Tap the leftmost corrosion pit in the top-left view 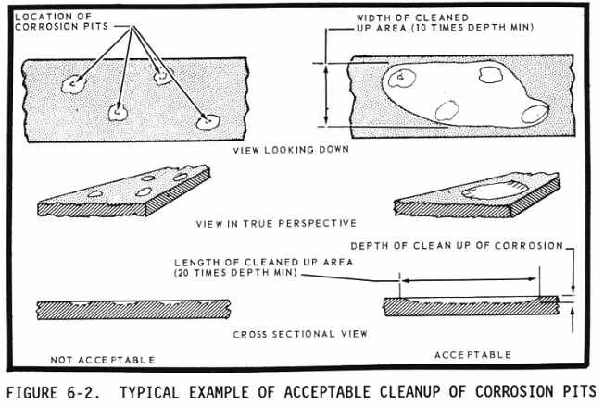click(70, 85)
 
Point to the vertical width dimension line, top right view click(326, 92)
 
